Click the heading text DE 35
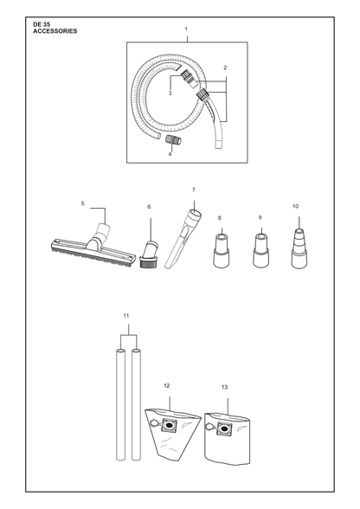click(42, 24)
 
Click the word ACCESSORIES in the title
click(55, 31)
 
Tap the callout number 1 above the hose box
click(186, 29)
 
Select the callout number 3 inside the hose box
click(170, 93)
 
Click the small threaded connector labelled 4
click(174, 140)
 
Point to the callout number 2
click(225, 68)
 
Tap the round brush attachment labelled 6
click(150, 254)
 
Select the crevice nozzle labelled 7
click(183, 239)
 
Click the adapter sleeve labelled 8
click(222, 250)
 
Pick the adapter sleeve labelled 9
click(261, 250)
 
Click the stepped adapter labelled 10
click(299, 248)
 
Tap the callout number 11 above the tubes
click(126, 315)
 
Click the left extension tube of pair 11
click(120, 404)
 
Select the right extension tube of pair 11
click(137, 404)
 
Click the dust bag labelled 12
click(172, 433)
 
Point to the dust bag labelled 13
click(228, 438)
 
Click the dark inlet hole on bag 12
click(169, 425)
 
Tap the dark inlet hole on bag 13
click(223, 429)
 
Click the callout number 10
click(295, 206)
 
